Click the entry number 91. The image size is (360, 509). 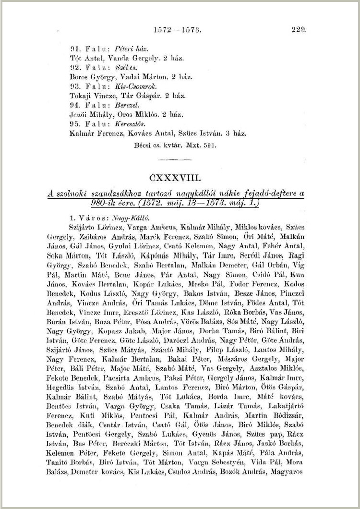click(74, 49)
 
